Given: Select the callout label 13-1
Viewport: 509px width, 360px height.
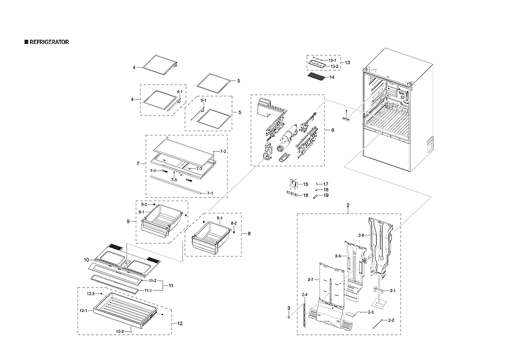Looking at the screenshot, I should point(332,61).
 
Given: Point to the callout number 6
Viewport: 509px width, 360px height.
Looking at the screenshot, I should point(333,130).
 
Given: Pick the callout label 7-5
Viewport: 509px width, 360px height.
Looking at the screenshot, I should point(174,179).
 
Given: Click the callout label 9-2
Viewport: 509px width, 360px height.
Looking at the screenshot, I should point(144,204).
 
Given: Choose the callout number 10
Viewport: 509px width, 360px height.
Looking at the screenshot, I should point(86,260).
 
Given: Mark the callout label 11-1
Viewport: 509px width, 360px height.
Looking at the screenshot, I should point(148,290).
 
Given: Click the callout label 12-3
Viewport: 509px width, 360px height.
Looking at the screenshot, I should point(91,294).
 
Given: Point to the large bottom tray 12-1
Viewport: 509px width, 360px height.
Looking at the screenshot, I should point(125,310).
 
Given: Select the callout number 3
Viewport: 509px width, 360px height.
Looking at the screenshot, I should point(289,308).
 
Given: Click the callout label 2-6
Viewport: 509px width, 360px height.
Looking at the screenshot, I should point(362,235).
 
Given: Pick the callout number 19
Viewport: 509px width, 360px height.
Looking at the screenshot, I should point(326,195).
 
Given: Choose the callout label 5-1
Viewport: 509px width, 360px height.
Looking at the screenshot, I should point(203,100).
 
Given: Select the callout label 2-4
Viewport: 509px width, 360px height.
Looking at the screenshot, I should point(304,295).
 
